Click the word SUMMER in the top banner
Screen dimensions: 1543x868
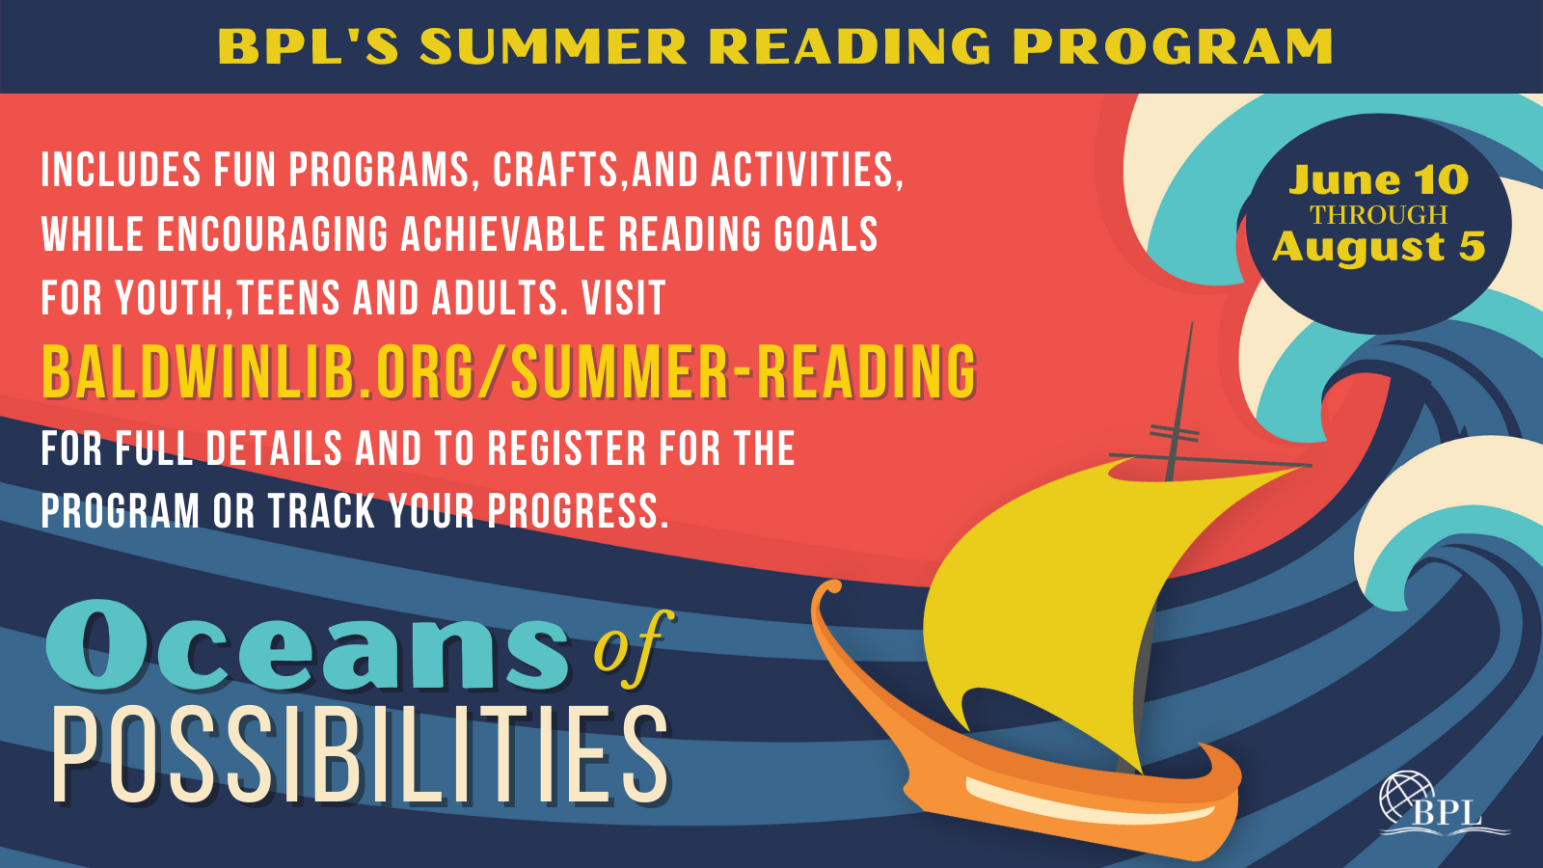tap(554, 47)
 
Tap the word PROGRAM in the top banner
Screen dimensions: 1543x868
tap(1172, 47)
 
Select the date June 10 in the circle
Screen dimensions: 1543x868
tap(1379, 179)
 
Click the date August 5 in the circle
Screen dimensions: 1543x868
tap(1379, 247)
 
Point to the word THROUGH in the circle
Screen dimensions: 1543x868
tap(1379, 215)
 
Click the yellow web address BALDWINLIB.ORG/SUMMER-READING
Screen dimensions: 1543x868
tap(509, 372)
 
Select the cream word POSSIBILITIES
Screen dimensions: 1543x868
tap(361, 755)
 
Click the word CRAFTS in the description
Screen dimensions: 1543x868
tap(555, 170)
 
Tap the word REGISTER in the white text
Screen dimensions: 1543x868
tap(566, 448)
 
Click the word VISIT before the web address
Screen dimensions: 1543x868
tap(623, 298)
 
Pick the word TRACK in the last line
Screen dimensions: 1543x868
tap(321, 511)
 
